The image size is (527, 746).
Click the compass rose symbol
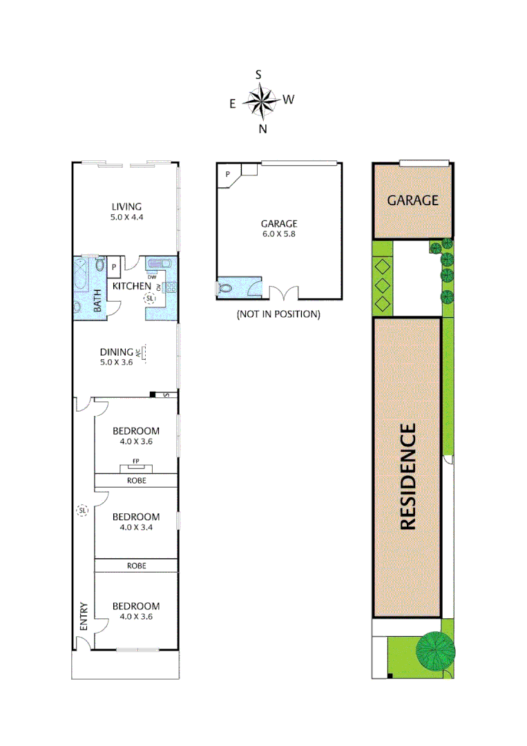click(x=261, y=101)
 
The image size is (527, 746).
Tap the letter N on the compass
click(x=262, y=128)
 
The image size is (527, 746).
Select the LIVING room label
click(x=126, y=206)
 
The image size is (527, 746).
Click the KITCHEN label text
click(x=131, y=286)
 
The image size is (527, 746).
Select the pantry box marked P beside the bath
click(x=114, y=265)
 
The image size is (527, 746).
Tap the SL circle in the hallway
click(x=82, y=510)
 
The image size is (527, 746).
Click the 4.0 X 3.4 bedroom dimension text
click(x=136, y=528)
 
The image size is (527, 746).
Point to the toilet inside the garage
click(x=224, y=288)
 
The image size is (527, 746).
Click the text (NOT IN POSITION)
click(x=278, y=314)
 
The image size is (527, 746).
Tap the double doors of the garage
click(x=283, y=293)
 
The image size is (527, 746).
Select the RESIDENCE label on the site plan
click(x=408, y=476)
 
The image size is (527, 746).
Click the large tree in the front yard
click(x=436, y=651)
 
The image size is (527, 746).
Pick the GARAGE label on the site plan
click(x=413, y=200)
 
